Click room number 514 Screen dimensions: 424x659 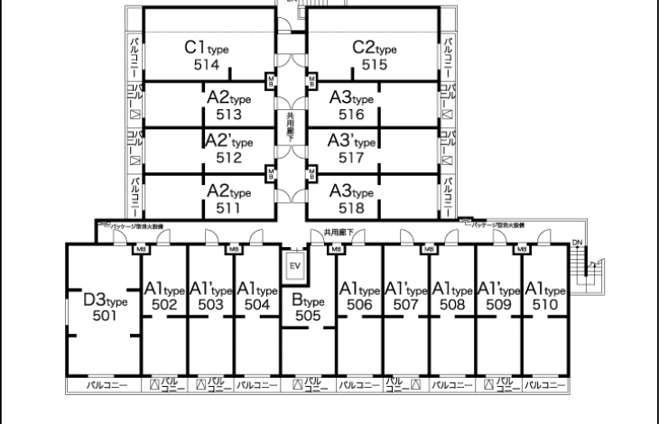[x=207, y=65]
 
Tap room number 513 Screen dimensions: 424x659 [x=229, y=115]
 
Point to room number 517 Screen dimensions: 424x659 [x=351, y=158]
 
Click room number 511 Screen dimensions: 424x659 [x=229, y=207]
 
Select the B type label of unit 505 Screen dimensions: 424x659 [x=307, y=301]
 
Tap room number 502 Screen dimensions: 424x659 [x=164, y=306]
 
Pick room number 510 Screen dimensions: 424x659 [x=544, y=306]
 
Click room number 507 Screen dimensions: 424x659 [x=405, y=306]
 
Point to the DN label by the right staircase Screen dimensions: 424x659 [x=577, y=243]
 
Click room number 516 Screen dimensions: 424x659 [x=351, y=115]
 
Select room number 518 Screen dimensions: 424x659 [x=351, y=207]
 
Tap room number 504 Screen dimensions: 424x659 [x=257, y=306]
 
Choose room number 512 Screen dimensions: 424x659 [x=229, y=158]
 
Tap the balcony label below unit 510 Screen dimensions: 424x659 [x=544, y=385]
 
